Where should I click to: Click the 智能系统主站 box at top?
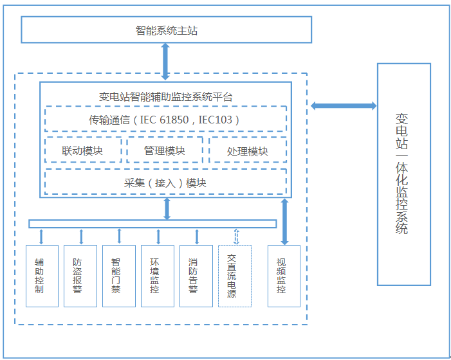(x=166, y=30)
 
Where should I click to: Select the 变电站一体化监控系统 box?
(x=403, y=174)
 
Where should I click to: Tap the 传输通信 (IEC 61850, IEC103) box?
(x=165, y=119)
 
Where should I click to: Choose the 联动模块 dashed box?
(x=83, y=150)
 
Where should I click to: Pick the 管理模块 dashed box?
(x=165, y=150)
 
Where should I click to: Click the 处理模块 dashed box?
(x=248, y=151)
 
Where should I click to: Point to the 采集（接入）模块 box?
(x=165, y=182)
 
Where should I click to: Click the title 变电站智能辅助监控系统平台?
(x=165, y=97)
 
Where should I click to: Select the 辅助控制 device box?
(x=42, y=276)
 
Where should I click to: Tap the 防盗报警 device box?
(x=80, y=276)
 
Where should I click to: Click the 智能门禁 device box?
(x=118, y=276)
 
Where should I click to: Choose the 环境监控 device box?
(x=157, y=276)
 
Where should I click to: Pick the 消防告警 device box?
(x=196, y=276)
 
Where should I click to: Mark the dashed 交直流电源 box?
(x=234, y=276)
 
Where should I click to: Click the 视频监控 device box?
(x=284, y=276)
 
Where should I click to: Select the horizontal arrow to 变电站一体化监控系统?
(x=334, y=106)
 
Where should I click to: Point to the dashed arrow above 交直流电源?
(x=236, y=237)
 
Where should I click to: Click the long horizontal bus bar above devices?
(x=152, y=224)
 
